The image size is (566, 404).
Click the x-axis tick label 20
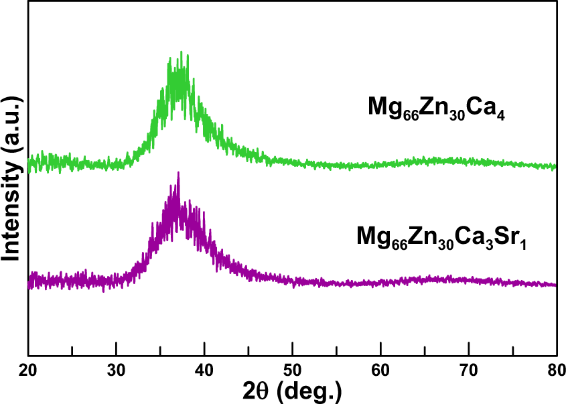28,368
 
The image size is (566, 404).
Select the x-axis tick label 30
117,368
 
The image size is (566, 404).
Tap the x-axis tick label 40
204,368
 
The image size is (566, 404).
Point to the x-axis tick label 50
293,368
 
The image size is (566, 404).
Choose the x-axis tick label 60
380,368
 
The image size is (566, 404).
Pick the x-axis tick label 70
469,368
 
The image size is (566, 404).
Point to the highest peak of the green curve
181,52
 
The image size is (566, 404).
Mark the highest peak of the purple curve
178,173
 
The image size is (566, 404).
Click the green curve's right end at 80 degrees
555,166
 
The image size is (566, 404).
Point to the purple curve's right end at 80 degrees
555,285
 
